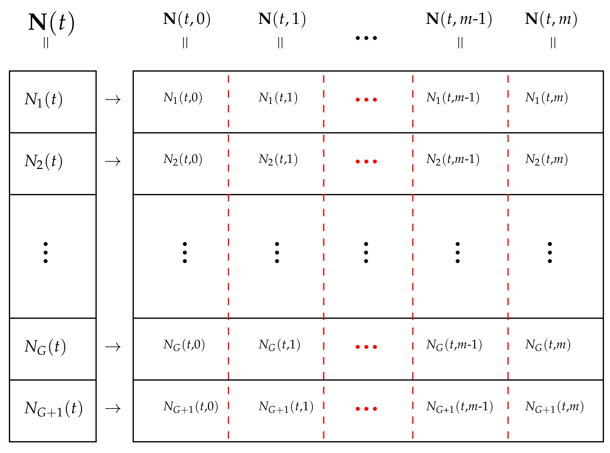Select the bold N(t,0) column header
187,19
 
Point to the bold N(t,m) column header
551,19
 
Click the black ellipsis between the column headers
366,38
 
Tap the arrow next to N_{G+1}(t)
113,409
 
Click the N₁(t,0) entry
183,98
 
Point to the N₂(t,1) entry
278,159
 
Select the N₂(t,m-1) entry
453,159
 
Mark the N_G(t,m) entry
548,345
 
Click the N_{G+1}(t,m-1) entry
459,407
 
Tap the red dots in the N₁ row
366,99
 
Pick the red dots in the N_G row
366,347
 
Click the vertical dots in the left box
46,252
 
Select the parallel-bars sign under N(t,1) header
280,43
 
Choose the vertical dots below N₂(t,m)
550,252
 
